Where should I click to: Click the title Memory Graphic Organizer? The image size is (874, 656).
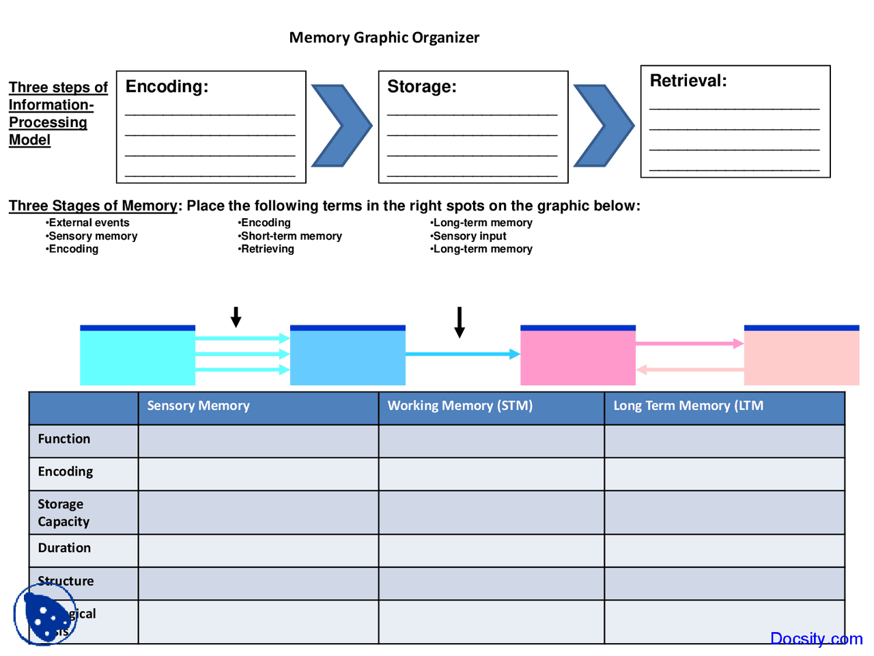(x=384, y=38)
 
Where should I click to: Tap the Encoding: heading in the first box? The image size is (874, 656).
(x=167, y=87)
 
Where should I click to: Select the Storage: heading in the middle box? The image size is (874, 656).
(x=421, y=87)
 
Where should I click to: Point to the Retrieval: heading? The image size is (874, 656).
(x=688, y=81)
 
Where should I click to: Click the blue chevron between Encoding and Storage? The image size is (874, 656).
(x=341, y=126)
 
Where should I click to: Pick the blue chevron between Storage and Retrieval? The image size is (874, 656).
(x=604, y=126)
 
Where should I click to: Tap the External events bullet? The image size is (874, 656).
(x=89, y=223)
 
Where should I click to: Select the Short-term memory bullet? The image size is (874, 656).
(x=291, y=236)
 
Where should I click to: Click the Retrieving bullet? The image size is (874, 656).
(x=267, y=249)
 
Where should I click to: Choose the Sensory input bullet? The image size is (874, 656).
(x=469, y=236)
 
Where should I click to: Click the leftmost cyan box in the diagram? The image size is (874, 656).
(x=137, y=356)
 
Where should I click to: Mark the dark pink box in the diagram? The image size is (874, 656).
(x=578, y=356)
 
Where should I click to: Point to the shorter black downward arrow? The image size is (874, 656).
(x=236, y=317)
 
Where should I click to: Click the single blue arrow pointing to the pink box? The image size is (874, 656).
(x=462, y=354)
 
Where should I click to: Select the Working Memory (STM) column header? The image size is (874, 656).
(x=460, y=406)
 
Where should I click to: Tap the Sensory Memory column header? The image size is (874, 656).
(x=198, y=406)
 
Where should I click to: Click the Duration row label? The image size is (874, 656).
(x=64, y=548)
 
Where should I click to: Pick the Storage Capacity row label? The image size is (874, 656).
(x=64, y=512)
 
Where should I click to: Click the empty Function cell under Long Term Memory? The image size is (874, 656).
(x=724, y=441)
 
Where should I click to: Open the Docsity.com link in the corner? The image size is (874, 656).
(x=816, y=638)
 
